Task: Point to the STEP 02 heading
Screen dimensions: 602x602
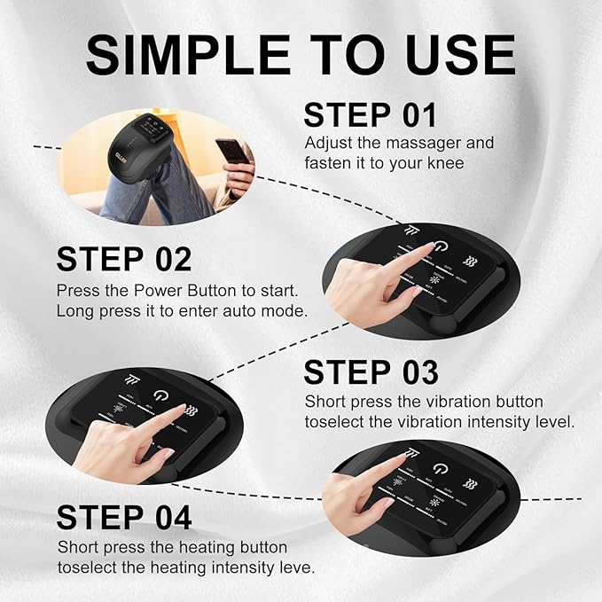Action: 124,259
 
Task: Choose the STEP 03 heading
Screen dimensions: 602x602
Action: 371,371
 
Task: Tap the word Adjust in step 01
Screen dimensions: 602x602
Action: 326,143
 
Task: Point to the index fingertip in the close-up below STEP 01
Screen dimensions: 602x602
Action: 427,249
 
